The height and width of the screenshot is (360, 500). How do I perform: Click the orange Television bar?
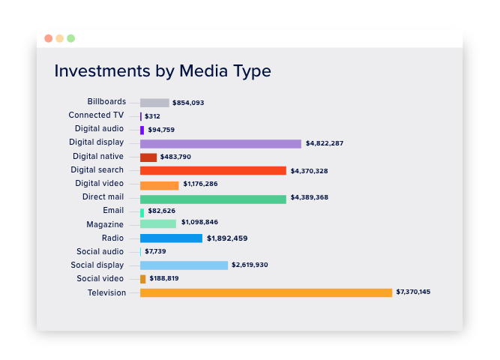[x=266, y=292]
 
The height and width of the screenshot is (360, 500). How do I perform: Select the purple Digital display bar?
[x=220, y=143]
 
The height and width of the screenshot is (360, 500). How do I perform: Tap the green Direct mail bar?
[x=213, y=199]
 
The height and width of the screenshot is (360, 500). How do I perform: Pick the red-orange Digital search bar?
[x=213, y=171]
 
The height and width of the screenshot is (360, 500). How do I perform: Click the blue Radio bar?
[x=171, y=238]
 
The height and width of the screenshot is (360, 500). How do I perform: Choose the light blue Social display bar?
[x=184, y=265]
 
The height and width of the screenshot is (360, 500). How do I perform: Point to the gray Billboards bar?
[x=154, y=103]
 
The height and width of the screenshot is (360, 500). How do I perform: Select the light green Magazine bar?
[x=158, y=223]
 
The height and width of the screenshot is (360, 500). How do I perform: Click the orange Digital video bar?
[x=159, y=185]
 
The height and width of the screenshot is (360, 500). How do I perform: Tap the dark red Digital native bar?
[x=148, y=157]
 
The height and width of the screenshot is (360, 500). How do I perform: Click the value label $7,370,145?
[x=413, y=292]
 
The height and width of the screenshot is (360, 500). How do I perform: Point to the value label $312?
[x=152, y=116]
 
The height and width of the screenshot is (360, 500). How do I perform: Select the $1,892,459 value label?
[x=227, y=238]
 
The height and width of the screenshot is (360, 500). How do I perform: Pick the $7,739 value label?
[x=156, y=251]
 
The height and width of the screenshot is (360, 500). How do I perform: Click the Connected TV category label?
[x=96, y=115]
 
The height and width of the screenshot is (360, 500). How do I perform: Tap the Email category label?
[x=114, y=211]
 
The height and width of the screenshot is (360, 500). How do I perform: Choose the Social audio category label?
[x=100, y=252]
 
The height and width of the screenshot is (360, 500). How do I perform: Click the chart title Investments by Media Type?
[x=163, y=71]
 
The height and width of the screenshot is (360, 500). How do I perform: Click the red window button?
[x=49, y=38]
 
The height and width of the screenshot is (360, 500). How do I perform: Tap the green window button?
[x=70, y=38]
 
